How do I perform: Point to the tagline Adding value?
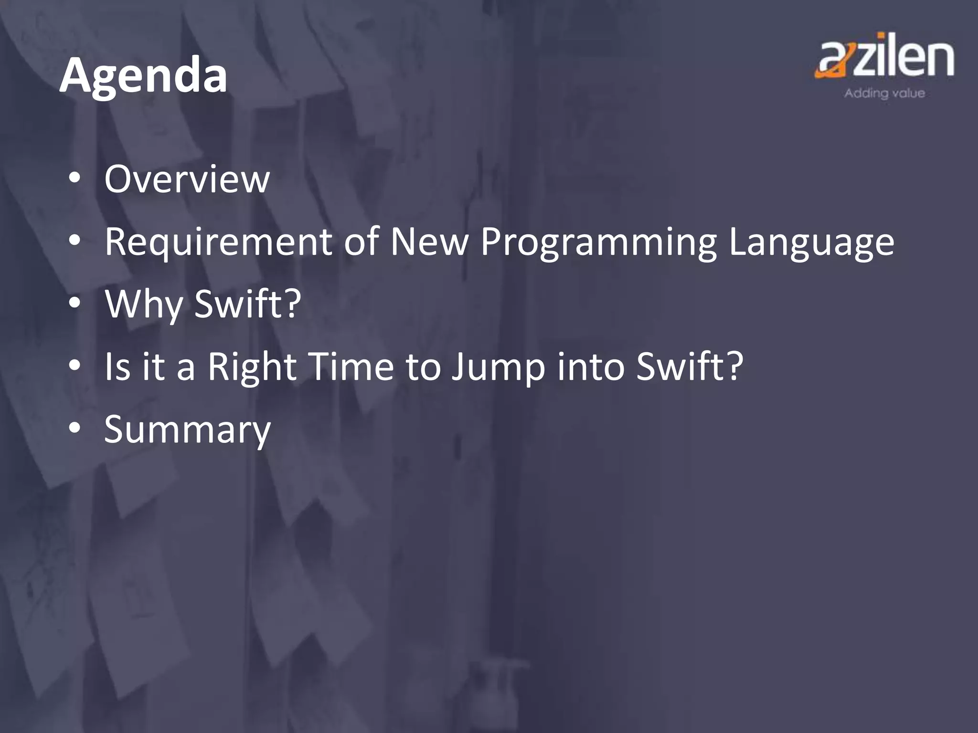click(x=884, y=93)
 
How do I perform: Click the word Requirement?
click(x=218, y=242)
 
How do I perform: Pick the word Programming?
click(x=598, y=242)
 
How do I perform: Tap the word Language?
click(x=811, y=242)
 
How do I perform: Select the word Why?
click(x=144, y=304)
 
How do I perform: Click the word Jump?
click(x=498, y=367)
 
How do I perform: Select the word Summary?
click(x=187, y=429)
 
